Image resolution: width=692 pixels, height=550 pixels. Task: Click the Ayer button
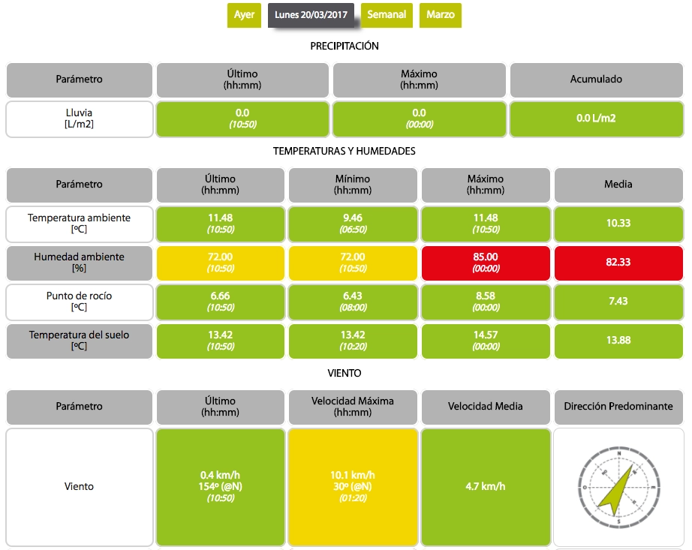tap(244, 15)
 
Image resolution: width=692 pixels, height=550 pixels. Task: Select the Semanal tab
tap(387, 15)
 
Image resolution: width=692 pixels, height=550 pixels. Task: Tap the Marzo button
tap(441, 15)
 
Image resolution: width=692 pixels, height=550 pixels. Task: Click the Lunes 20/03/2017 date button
tap(311, 15)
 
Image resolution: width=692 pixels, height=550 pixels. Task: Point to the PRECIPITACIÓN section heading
tap(344, 47)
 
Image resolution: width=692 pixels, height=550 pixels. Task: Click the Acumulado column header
tap(596, 80)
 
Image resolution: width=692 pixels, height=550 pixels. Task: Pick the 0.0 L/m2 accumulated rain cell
tap(596, 119)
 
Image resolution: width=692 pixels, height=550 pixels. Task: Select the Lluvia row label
tap(80, 119)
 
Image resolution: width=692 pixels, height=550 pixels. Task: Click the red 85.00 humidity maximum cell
tap(486, 262)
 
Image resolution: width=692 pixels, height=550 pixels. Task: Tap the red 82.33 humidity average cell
tap(618, 262)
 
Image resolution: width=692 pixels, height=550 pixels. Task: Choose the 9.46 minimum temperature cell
tap(353, 223)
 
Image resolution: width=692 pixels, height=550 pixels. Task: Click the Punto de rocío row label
tap(80, 301)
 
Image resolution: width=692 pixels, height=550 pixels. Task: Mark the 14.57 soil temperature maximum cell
tap(486, 340)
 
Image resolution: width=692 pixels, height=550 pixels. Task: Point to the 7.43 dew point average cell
tap(618, 301)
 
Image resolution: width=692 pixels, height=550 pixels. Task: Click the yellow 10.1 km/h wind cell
tap(353, 486)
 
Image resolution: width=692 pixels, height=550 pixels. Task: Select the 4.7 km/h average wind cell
tap(486, 486)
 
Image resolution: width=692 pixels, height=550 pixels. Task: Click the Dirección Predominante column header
tap(618, 407)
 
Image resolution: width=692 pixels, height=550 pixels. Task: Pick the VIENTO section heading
tap(344, 373)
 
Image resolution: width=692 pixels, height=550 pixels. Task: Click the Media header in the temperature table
tap(618, 185)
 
